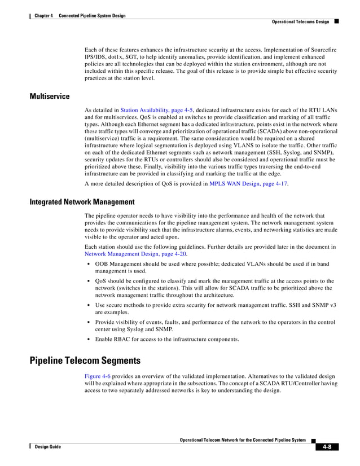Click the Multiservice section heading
(x=50, y=96)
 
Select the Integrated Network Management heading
(x=82, y=201)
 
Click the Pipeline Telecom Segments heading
(x=85, y=361)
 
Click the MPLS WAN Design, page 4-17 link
(x=248, y=184)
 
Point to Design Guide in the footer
(x=47, y=447)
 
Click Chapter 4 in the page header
(x=43, y=16)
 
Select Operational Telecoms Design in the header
(x=301, y=21)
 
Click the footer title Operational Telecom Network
(x=242, y=439)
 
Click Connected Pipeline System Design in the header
(x=92, y=16)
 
